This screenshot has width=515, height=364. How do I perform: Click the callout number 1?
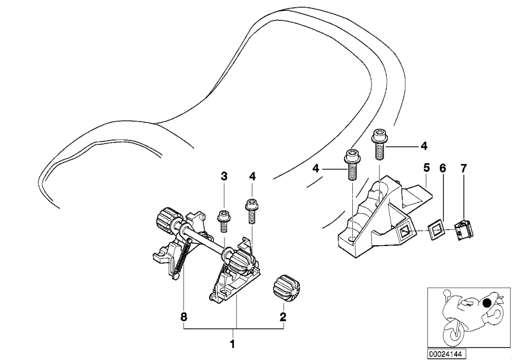point(233,344)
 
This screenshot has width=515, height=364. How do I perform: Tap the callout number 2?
point(282,317)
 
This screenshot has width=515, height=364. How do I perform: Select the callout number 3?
point(224,177)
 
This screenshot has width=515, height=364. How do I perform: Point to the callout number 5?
point(426,168)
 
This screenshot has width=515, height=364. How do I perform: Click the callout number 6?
point(443,169)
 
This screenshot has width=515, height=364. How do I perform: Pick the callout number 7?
point(463,169)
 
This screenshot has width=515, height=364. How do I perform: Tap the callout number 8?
point(184,317)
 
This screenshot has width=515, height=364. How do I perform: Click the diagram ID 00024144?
point(446,354)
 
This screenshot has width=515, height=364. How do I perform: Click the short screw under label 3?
point(224,221)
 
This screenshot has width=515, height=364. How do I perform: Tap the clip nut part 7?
point(464,229)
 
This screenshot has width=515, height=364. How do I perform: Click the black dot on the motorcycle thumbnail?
point(487,303)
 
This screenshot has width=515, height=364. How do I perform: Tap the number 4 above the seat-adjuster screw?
point(252,177)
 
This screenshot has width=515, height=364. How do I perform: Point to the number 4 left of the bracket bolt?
point(316,169)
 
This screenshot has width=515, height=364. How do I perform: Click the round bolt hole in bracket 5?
point(352,238)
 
